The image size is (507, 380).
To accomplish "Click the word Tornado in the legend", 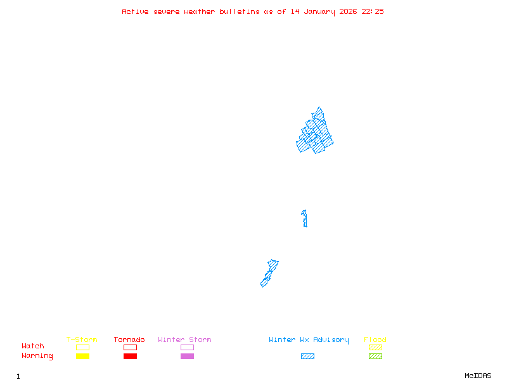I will [129, 340].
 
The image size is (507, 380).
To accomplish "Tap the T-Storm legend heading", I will [82, 340].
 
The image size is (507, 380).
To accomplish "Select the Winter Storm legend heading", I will [184, 340].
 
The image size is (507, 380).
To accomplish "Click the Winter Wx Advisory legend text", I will [309, 340].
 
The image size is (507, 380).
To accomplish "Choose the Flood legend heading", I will [375, 340].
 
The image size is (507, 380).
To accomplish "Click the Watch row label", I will [33, 346].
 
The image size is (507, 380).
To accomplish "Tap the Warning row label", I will [37, 356].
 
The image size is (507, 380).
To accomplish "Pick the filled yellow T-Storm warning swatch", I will [82, 357].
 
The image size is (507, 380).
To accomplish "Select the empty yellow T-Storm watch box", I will [82, 347].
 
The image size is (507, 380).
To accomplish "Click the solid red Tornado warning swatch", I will [130, 357].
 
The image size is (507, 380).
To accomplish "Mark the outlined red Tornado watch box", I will [130, 347].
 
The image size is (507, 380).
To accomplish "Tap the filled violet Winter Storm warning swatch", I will [187, 357].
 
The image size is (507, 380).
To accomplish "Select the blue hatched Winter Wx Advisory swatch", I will [307, 357].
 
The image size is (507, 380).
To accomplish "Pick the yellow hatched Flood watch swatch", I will [375, 347].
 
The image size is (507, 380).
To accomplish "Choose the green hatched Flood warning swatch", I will [375, 357].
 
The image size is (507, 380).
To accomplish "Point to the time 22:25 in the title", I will [373, 11].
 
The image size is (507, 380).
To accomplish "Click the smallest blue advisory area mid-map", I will [305, 218].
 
